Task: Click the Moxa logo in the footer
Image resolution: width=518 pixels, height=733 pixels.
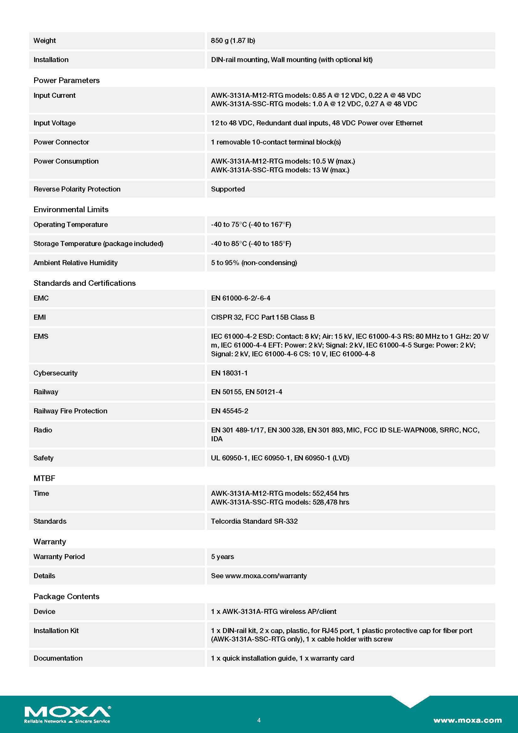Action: point(67,714)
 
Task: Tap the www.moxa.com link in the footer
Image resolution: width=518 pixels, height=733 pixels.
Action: point(467,720)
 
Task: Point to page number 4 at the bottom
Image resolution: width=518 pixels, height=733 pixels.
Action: point(259,720)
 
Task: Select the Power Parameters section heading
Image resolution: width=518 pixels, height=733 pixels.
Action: point(66,80)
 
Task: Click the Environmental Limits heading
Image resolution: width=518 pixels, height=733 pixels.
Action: point(71,209)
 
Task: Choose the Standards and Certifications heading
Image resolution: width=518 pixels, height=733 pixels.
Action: point(85,283)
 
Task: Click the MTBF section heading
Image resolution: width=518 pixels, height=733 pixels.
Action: point(44,478)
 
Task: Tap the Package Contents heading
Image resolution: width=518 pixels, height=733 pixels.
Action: point(66,596)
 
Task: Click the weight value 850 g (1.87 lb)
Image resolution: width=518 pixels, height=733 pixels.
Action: point(233,40)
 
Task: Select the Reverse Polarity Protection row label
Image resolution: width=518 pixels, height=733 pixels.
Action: point(77,189)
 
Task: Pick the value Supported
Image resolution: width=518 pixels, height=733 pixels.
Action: point(228,189)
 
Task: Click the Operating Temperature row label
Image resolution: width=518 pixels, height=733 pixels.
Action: point(70,224)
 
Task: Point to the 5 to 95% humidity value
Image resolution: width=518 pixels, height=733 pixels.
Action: point(254,262)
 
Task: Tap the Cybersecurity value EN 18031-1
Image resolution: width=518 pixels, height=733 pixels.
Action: point(229,373)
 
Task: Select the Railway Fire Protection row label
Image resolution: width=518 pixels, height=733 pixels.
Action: point(70,411)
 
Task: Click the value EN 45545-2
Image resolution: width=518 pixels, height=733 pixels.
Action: point(229,411)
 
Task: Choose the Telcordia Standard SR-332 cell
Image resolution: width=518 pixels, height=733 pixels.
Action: point(254,521)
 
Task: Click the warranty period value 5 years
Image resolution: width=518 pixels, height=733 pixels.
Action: point(222,557)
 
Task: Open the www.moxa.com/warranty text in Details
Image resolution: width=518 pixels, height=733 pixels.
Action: point(266,576)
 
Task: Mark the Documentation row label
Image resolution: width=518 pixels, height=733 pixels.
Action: point(58,658)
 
